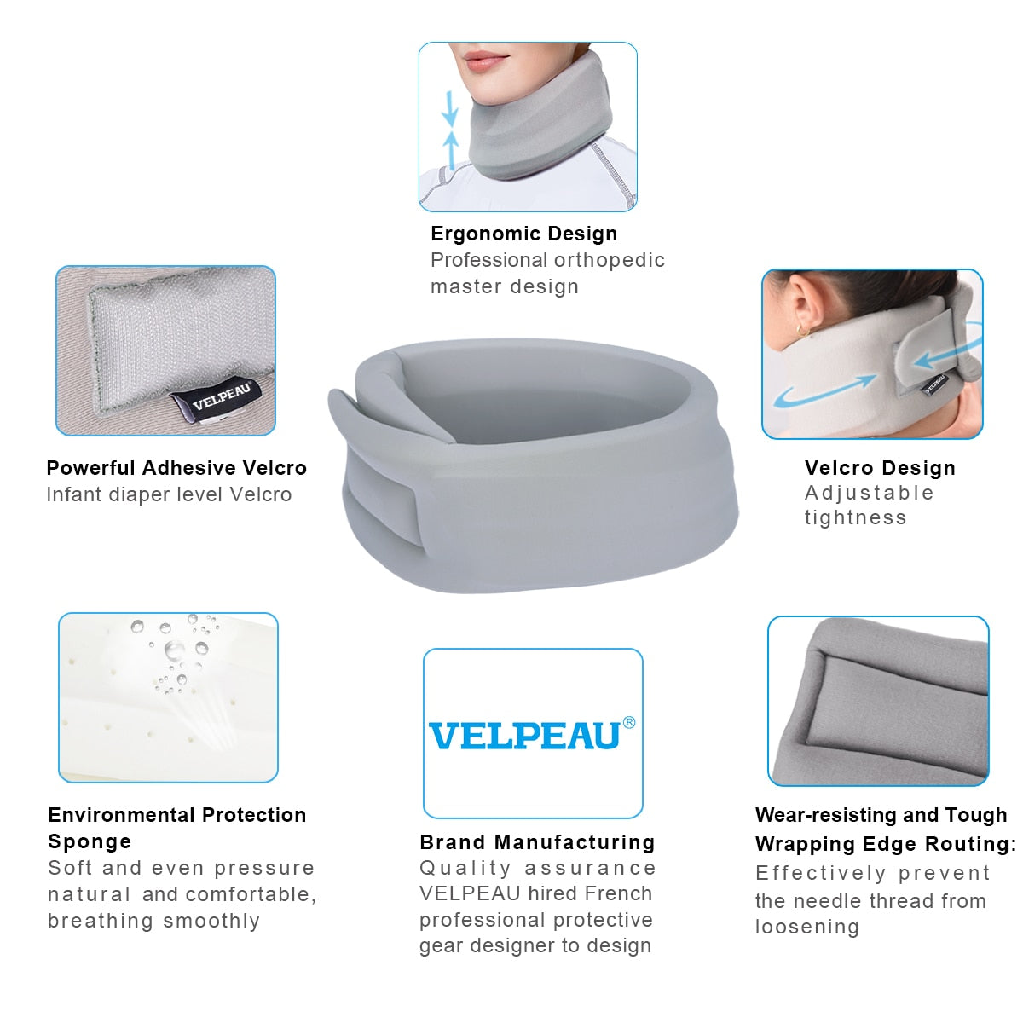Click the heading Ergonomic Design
[x=523, y=234]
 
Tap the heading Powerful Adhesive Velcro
[x=176, y=468]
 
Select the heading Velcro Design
[x=880, y=468]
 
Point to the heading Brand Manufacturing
[x=537, y=842]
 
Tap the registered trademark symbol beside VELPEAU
[x=629, y=723]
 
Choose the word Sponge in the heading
[x=90, y=841]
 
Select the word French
[x=624, y=893]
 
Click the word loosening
[x=806, y=927]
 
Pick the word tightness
[x=855, y=517]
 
